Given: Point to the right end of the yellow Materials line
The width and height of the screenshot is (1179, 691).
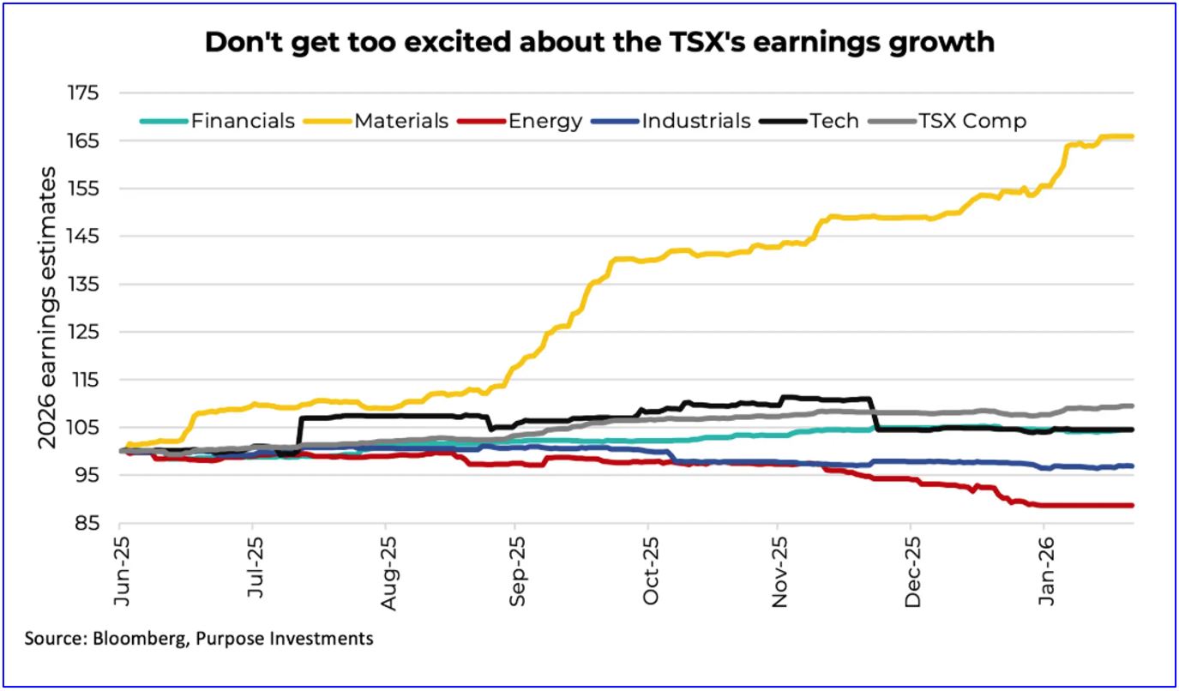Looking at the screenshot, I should click(x=1133, y=136).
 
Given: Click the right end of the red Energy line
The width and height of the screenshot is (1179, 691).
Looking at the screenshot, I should click(x=1133, y=505).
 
